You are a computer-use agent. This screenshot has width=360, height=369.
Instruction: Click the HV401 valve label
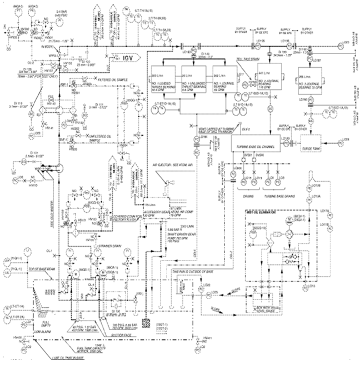pos(206,337)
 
